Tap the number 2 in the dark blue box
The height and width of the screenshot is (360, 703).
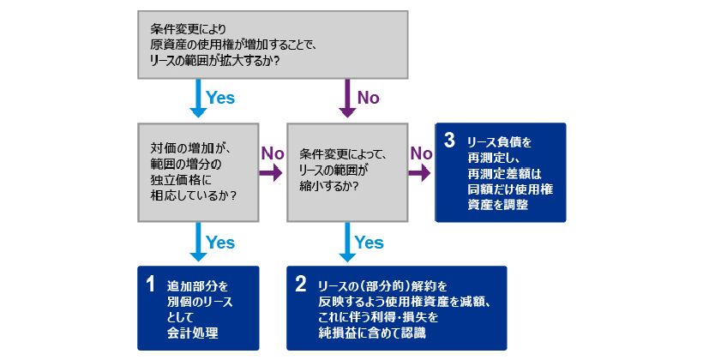click(300, 283)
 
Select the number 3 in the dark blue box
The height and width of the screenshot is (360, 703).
click(448, 141)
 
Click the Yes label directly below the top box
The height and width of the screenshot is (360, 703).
click(220, 98)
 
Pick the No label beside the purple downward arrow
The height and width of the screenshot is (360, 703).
click(368, 98)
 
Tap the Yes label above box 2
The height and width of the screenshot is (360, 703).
click(369, 243)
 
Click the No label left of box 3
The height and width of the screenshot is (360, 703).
click(421, 153)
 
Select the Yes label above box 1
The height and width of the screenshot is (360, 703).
click(220, 243)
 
